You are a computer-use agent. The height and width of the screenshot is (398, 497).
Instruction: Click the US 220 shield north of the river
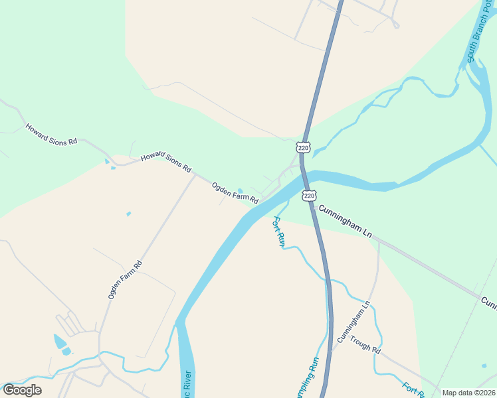[x=304, y=147]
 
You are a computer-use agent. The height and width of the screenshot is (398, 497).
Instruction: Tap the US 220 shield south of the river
[x=309, y=195]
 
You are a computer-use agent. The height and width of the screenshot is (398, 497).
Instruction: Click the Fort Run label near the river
[x=279, y=232]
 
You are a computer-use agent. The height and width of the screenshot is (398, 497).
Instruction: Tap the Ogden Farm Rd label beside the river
[x=235, y=192]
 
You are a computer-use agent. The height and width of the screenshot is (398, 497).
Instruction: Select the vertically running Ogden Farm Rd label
[x=125, y=279]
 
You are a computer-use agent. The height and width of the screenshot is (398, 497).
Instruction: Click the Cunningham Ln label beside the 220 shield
[x=344, y=222]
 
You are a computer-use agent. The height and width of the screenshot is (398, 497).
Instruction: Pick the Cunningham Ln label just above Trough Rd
[x=352, y=322]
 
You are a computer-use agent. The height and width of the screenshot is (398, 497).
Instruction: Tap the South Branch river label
[x=480, y=40]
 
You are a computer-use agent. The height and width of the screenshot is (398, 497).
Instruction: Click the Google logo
[x=22, y=389]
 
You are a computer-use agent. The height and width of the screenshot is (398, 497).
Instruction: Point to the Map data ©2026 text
[x=468, y=393]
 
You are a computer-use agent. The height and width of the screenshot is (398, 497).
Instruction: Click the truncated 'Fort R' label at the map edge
[x=413, y=389]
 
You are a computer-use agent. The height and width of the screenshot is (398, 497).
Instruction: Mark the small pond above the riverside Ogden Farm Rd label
[x=240, y=190]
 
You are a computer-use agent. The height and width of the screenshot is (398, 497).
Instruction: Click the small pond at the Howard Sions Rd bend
[x=107, y=161]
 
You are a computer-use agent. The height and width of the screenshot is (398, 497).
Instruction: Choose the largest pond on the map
[x=60, y=342]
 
